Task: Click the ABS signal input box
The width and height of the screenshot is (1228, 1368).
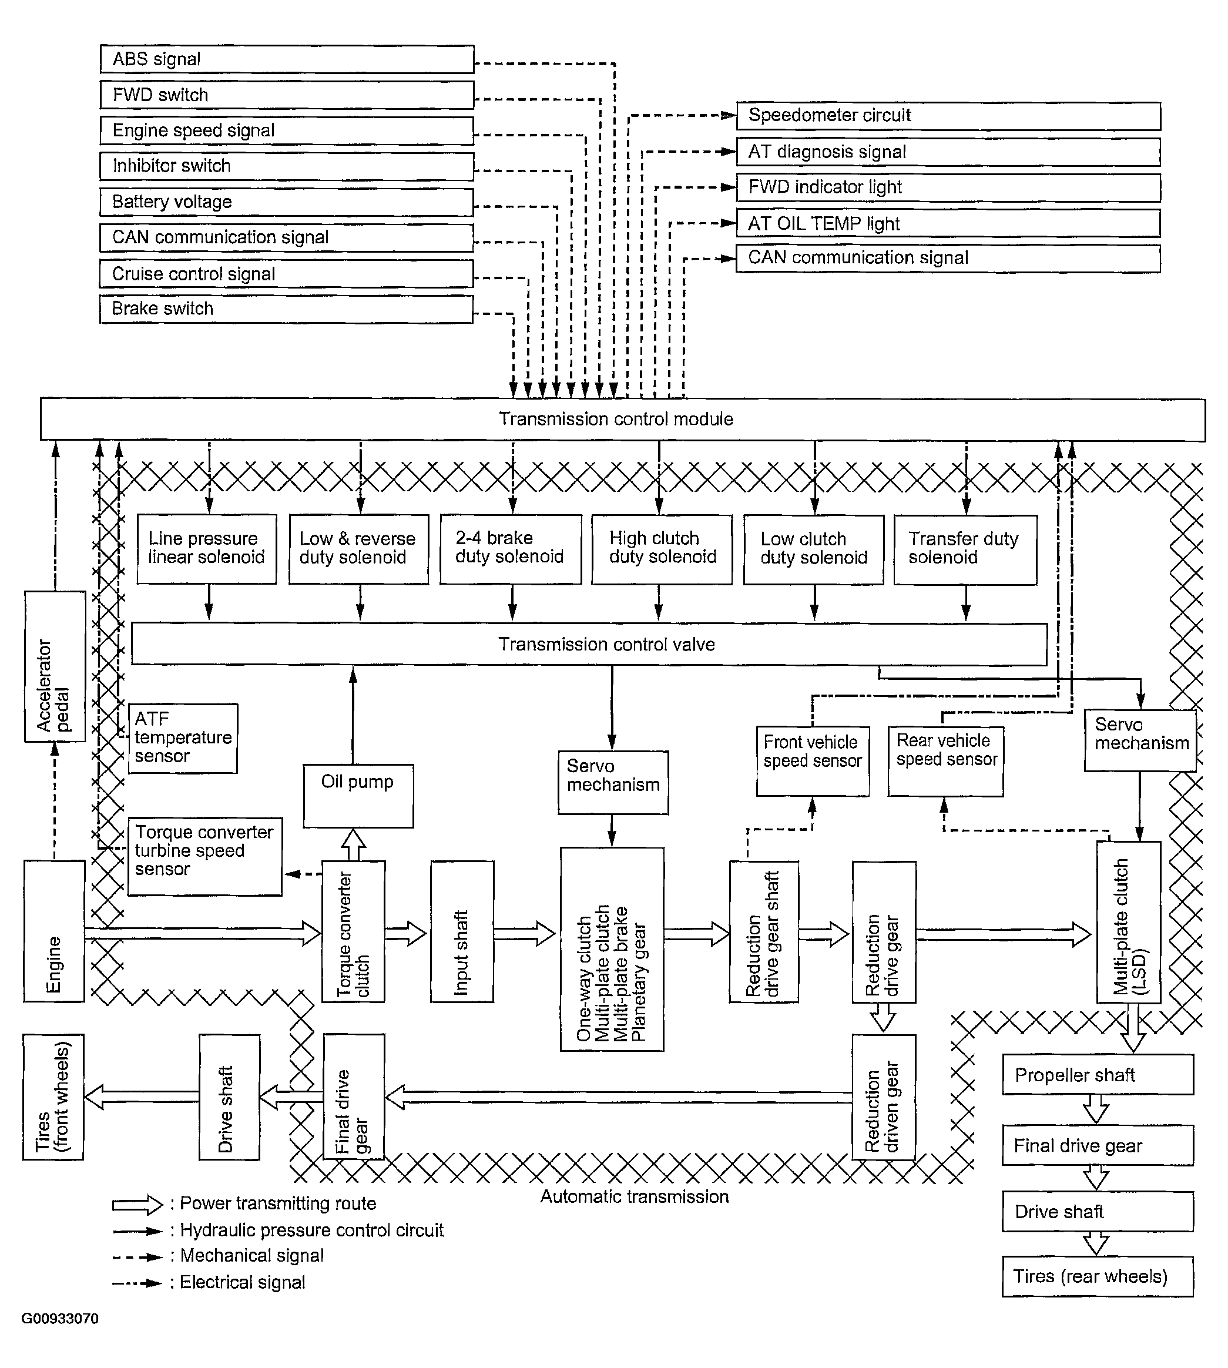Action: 287,59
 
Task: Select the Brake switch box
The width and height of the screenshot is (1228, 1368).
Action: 286,309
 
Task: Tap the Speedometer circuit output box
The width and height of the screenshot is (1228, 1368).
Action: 947,116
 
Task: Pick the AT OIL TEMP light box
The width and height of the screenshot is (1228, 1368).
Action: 947,223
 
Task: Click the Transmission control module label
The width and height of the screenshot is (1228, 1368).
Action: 615,419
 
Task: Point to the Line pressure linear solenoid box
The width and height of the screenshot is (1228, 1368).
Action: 206,549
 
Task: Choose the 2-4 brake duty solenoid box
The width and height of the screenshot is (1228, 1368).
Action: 510,549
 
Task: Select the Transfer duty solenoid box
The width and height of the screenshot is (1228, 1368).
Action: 965,549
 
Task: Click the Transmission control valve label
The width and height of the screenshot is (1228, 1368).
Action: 606,645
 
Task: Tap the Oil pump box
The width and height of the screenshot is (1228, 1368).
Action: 358,795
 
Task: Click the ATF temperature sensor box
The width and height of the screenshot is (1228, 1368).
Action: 183,737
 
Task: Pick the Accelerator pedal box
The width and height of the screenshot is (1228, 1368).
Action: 55,666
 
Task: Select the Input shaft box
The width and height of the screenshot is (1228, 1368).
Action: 461,931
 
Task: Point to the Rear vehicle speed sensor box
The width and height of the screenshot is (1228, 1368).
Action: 945,760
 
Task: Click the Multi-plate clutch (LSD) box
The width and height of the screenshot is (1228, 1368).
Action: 1128,922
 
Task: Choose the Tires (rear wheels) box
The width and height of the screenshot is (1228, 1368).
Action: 1097,1276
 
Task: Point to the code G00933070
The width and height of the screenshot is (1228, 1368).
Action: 60,1318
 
